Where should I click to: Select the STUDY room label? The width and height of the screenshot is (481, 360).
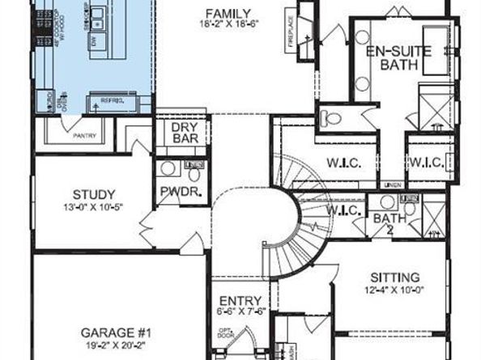87,194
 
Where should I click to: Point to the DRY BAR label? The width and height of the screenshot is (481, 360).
181,133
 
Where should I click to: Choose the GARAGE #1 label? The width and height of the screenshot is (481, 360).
115,332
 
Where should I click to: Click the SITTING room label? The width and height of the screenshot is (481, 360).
395,277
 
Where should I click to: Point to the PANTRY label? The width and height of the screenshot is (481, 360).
84,136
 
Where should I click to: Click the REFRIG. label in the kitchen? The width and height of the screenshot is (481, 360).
111,100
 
